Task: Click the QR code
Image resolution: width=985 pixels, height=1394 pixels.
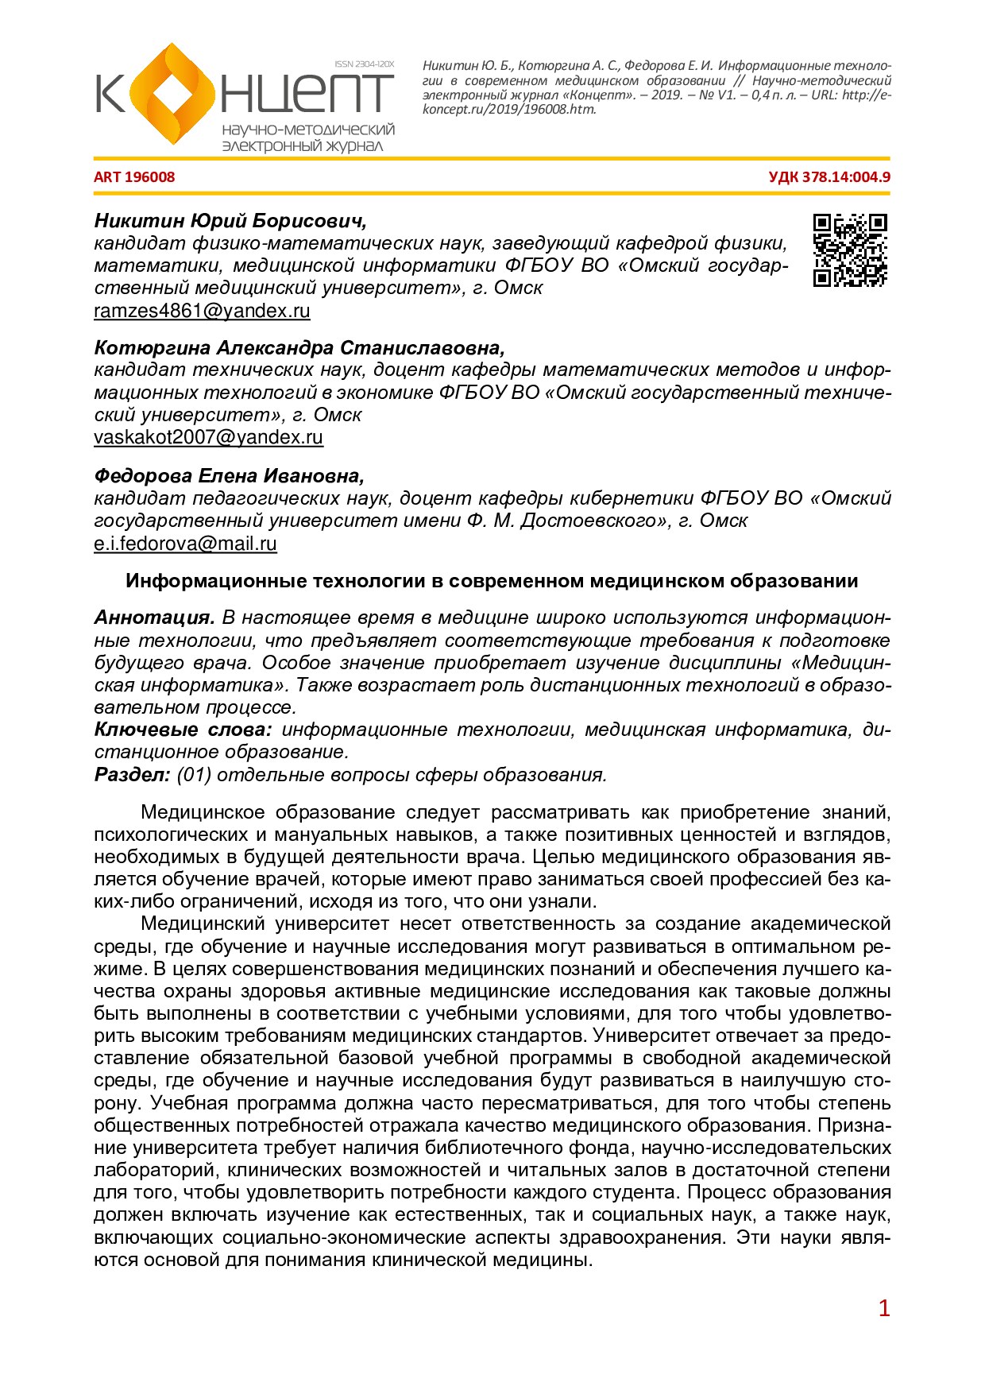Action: tap(850, 250)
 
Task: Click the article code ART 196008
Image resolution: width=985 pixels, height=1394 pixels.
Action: tap(134, 177)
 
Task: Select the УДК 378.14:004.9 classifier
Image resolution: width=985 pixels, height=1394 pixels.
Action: tap(829, 177)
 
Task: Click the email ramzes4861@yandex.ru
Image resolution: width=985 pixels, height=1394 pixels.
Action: tap(202, 311)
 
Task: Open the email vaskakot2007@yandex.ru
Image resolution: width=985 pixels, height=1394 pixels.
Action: tap(208, 437)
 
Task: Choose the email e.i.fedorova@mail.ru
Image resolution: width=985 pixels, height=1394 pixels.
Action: tap(185, 544)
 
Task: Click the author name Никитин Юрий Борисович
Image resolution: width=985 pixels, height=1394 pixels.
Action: tap(230, 220)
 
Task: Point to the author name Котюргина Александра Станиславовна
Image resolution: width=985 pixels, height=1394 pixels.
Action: tap(299, 347)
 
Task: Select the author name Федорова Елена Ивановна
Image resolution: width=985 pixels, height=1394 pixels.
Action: tap(229, 475)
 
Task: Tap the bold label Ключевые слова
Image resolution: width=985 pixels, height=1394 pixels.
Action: tap(183, 730)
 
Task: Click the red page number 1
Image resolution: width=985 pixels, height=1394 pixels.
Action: tap(884, 1308)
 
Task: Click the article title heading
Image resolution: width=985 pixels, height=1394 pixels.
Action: tap(492, 581)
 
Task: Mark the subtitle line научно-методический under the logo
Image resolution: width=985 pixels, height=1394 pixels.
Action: tap(308, 130)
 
